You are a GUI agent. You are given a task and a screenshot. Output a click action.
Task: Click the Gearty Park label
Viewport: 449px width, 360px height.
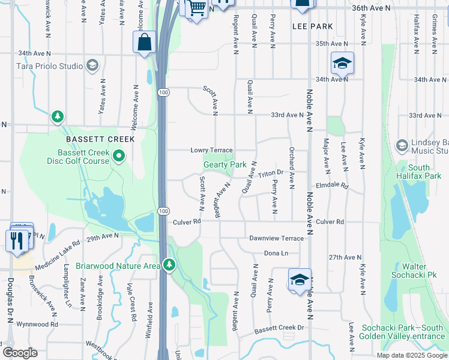click(225, 164)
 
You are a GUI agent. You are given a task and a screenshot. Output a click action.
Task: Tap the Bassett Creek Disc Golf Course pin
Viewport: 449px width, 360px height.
click(119, 157)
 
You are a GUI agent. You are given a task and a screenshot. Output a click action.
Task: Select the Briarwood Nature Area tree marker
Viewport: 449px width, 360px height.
click(169, 265)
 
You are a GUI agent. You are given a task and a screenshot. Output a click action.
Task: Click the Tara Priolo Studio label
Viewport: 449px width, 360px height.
click(49, 65)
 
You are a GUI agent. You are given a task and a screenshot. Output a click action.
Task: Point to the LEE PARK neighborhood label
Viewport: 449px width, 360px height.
click(312, 26)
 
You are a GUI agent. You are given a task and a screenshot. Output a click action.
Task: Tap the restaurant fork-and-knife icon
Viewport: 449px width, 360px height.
click(16, 240)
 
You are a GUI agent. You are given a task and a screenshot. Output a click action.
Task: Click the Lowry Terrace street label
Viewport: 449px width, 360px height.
click(211, 150)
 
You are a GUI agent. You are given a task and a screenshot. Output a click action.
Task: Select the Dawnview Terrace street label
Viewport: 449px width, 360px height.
click(277, 238)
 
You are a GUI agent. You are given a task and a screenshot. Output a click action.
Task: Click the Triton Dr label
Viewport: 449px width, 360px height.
click(271, 173)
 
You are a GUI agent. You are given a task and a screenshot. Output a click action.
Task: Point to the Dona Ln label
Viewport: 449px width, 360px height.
click(276, 254)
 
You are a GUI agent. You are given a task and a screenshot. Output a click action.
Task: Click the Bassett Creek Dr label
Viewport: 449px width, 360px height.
click(279, 328)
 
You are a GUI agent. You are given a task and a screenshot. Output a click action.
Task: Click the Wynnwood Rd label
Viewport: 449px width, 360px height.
click(38, 324)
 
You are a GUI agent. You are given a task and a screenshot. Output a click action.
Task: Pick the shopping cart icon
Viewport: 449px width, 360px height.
click(197, 8)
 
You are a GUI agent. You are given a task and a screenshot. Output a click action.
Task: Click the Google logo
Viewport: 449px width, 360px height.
click(20, 353)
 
